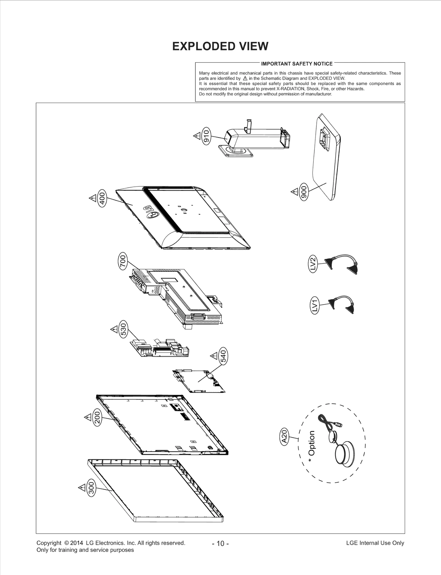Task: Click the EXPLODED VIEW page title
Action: coord(220,46)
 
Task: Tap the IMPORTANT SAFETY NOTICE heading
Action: coord(297,64)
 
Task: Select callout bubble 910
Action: coord(206,135)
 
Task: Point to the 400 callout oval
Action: coord(102,198)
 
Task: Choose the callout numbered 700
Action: coord(123,261)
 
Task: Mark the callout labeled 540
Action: coord(223,356)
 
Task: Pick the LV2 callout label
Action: coord(312,264)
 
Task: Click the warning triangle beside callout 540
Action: coord(214,356)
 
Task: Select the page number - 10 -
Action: coord(220,544)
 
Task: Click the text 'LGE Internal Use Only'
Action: coord(375,543)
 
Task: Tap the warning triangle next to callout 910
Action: coord(197,136)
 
